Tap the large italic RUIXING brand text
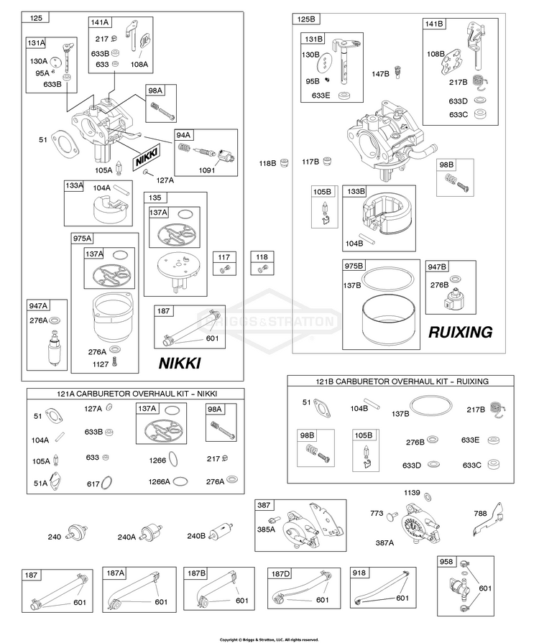pos(460,332)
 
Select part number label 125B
pos(306,19)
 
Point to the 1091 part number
pos(207,170)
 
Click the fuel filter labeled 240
pos(78,534)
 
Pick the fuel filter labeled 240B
pos(221,532)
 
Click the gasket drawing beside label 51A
pos(55,481)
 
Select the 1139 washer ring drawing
pos(427,497)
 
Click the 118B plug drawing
pos(284,163)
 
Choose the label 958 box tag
pos(446,561)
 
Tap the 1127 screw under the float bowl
pos(114,361)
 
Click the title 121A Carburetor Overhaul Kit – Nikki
pos(137,394)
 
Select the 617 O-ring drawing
pos(106,483)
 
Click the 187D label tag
pos(280,574)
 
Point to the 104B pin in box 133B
pos(367,239)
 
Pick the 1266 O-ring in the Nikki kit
pos(173,459)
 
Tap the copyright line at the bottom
pos(269,639)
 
